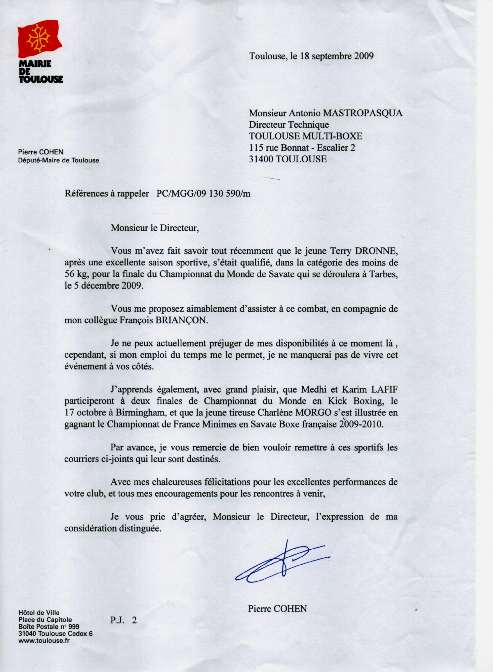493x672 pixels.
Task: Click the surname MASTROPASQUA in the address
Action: (x=363, y=113)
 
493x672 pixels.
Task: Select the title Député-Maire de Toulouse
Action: (x=58, y=161)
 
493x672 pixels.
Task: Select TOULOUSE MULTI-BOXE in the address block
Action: (x=306, y=136)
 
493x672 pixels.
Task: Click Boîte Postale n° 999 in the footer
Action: (x=49, y=627)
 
